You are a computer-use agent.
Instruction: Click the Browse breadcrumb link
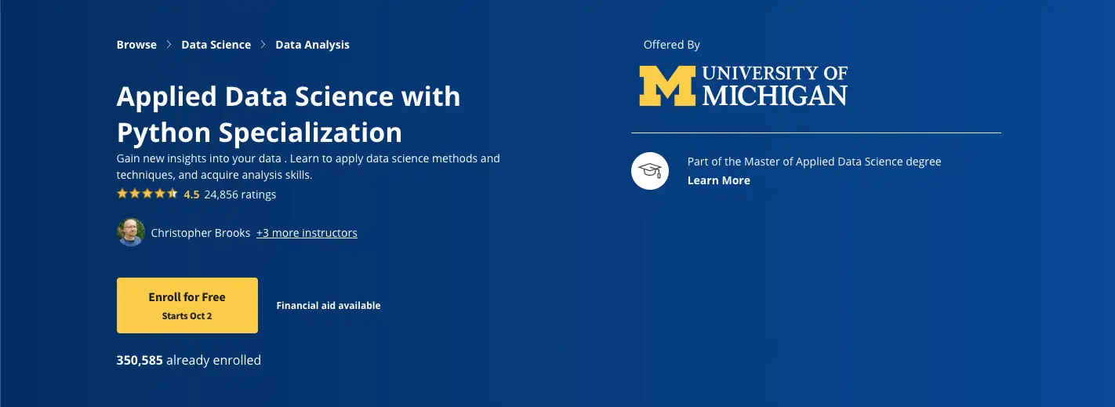point(136,45)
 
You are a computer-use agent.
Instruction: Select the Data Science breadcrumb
point(216,45)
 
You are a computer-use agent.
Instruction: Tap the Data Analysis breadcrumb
point(313,45)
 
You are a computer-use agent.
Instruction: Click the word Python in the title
point(164,133)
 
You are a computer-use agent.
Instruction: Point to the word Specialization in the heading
point(310,133)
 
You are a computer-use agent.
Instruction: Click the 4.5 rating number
point(191,194)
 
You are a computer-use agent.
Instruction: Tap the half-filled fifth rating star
point(173,193)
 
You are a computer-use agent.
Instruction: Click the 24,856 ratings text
point(240,194)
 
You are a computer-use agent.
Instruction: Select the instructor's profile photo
point(131,232)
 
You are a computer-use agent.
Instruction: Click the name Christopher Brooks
point(201,233)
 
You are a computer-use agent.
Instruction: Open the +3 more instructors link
point(307,233)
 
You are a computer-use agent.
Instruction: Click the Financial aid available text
point(329,306)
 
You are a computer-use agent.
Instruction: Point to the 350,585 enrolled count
point(140,360)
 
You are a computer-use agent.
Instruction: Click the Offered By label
point(671,45)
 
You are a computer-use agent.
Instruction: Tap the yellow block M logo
point(667,86)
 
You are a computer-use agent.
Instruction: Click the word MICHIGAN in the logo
point(775,96)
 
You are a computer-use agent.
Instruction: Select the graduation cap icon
point(650,171)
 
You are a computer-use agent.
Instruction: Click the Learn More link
point(719,180)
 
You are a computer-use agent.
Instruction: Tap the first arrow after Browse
point(169,45)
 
